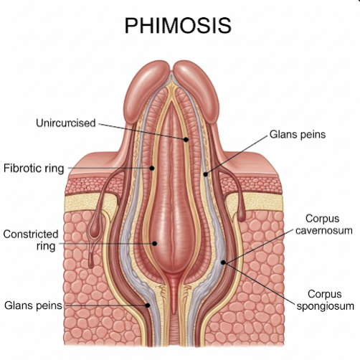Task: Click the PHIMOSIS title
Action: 178,25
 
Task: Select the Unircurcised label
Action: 66,123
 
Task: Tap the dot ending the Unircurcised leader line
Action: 186,139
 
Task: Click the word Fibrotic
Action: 23,168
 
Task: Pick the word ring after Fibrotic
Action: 55,169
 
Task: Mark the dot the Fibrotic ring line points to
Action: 152,169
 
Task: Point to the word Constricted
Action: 31,234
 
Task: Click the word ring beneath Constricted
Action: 46,247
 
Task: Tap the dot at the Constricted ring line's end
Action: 155,244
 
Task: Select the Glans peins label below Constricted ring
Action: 33,305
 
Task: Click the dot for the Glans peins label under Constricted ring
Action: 148,305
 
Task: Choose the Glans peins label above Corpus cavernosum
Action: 298,134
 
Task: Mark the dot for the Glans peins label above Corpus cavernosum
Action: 206,174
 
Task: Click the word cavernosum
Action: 324,231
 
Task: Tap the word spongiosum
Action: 326,306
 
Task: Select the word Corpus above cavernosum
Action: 323,219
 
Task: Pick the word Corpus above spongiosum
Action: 325,295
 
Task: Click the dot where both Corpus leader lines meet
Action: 223,262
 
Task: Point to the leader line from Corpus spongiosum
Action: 260,283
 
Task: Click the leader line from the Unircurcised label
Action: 142,131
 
